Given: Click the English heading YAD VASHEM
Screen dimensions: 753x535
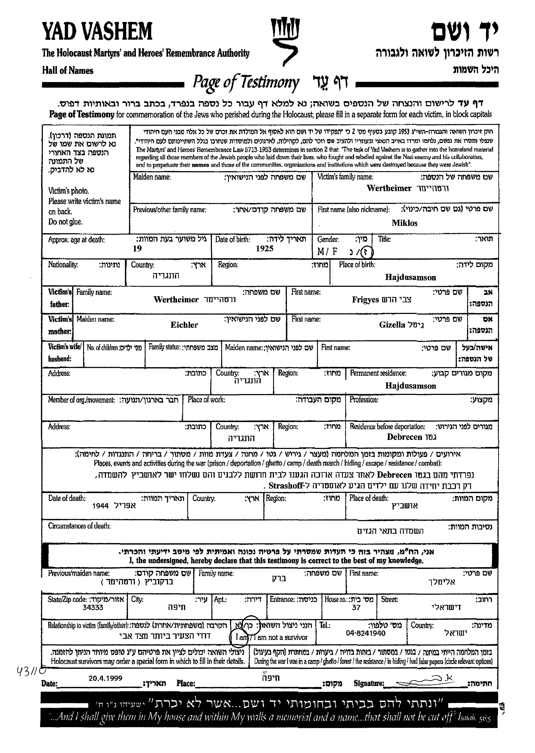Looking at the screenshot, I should click(97, 32).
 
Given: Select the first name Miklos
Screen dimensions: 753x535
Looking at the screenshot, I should click(404, 223).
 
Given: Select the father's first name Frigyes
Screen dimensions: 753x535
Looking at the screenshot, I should click(365, 300).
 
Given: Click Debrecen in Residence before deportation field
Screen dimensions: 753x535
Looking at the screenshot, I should click(404, 437).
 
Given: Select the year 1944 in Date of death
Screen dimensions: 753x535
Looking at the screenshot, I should click(101, 506).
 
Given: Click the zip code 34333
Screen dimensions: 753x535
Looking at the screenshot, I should click(93, 607).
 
